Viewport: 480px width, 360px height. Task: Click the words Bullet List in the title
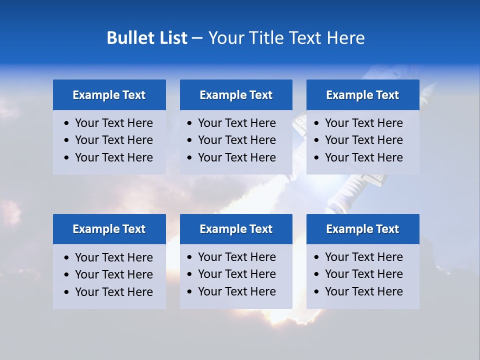click(x=147, y=38)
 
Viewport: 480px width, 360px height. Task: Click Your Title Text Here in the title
click(x=286, y=38)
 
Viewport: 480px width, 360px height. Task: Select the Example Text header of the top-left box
click(x=109, y=95)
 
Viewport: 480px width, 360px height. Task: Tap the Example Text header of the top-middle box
click(x=236, y=95)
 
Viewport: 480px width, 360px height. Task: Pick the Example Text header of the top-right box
click(x=362, y=95)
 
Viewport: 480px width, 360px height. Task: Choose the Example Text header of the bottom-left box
click(x=109, y=229)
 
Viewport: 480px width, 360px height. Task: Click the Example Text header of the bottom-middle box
click(x=236, y=229)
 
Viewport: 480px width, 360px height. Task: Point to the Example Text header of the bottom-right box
click(x=362, y=229)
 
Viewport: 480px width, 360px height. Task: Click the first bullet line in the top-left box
click(x=113, y=123)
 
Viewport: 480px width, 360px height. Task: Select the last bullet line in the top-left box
click(x=113, y=157)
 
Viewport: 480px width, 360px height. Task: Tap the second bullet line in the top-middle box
click(x=236, y=140)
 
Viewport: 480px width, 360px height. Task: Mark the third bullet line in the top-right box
click(x=363, y=157)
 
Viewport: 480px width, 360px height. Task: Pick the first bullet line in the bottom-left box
click(x=113, y=257)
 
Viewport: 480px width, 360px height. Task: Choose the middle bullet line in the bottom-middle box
click(x=236, y=274)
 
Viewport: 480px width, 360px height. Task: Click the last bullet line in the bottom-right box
click(x=363, y=291)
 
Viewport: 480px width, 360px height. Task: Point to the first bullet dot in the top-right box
click(x=316, y=123)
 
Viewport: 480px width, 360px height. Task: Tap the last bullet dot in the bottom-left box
click(x=67, y=292)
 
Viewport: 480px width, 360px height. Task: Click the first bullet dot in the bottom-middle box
click(x=190, y=257)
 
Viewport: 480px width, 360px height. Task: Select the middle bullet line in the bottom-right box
click(x=363, y=274)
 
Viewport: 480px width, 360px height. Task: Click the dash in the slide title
click(x=197, y=38)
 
